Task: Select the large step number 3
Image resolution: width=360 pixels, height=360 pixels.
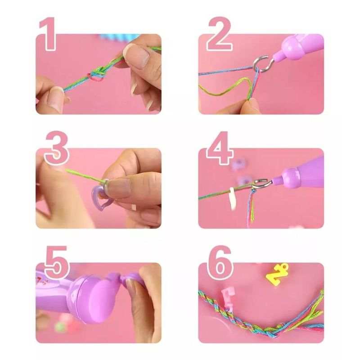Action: pyautogui.click(x=57, y=148)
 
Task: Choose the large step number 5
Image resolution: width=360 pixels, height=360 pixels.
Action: pyautogui.click(x=57, y=262)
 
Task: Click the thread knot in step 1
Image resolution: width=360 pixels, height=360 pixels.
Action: pyautogui.click(x=96, y=74)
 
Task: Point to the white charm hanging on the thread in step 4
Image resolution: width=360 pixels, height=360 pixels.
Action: pyautogui.click(x=233, y=199)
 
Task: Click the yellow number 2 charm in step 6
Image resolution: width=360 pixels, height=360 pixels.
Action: pyautogui.click(x=277, y=273)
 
